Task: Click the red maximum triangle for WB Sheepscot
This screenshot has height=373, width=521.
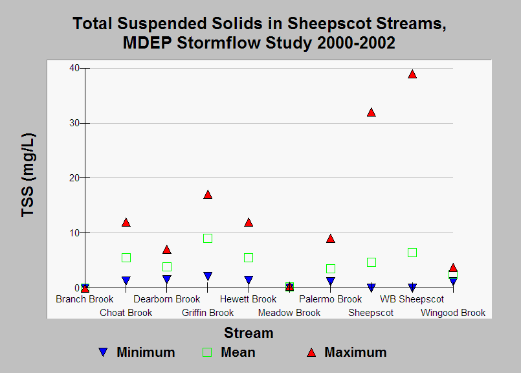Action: point(412,74)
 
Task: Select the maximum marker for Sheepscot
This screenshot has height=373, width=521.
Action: point(371,113)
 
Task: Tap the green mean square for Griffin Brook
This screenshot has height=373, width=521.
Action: point(208,238)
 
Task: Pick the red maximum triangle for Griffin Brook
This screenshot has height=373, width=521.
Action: point(208,194)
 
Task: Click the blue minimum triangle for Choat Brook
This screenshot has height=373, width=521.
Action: point(126,280)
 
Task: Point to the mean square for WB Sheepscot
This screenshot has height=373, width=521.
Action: point(412,253)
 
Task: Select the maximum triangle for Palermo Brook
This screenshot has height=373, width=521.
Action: point(331,238)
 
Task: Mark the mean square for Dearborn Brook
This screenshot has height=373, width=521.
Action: point(167,267)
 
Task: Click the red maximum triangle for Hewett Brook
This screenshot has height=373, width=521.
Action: point(249,222)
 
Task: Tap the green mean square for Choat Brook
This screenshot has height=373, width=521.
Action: point(126,258)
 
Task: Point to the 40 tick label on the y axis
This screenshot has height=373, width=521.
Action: point(74,68)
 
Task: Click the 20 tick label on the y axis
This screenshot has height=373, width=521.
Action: point(74,178)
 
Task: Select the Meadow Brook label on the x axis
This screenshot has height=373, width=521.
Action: point(289,313)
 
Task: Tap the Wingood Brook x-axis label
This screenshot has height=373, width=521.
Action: point(453,313)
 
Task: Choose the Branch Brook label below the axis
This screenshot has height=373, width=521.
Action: point(84,299)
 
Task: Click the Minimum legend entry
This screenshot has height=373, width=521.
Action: point(136,352)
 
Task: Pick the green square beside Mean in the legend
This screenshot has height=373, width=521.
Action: point(207,352)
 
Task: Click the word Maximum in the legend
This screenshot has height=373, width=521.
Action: point(355,352)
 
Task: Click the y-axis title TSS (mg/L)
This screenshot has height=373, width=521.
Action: point(28,175)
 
